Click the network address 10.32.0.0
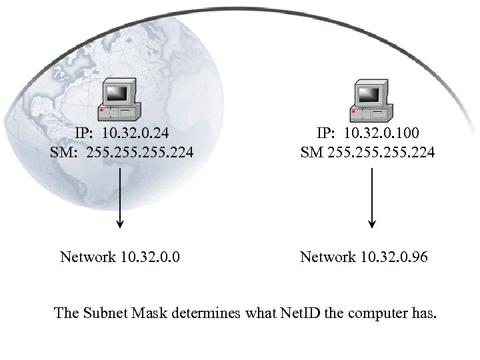click(151, 257)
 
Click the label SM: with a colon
click(65, 153)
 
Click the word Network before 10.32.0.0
click(87, 257)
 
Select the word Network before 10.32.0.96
click(328, 257)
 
